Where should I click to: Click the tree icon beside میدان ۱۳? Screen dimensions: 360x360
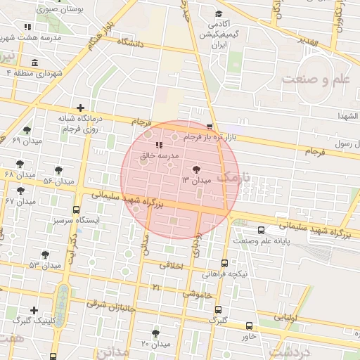[195, 169]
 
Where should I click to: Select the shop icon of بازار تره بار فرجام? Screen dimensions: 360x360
[209, 127]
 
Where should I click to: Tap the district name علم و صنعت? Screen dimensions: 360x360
[316, 79]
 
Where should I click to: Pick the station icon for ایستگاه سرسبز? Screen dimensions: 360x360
[76, 210]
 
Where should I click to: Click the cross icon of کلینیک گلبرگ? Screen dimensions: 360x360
[34, 309]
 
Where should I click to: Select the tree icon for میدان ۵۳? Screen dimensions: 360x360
[46, 255]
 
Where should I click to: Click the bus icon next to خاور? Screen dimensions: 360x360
[250, 326]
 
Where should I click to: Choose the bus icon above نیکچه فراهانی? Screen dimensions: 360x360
[224, 263]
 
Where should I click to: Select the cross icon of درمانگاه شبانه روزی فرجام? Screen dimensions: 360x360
[82, 108]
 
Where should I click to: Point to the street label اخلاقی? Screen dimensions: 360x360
[172, 266]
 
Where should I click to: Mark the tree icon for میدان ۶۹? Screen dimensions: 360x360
[27, 130]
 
